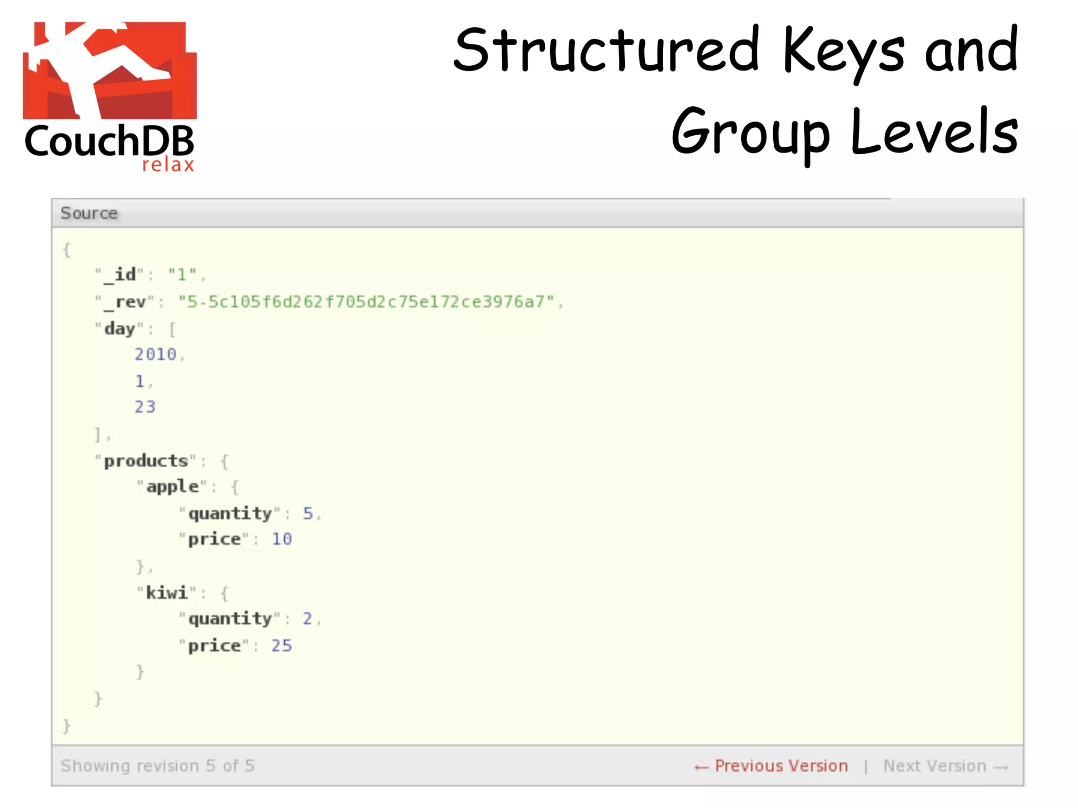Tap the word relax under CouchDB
168,165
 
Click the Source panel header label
89,213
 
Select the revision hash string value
366,302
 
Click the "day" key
119,329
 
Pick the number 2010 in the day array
155,355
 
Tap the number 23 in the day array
145,407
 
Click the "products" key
146,461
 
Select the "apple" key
172,487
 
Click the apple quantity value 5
308,513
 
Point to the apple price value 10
282,539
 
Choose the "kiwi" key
166,593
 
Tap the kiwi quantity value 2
307,619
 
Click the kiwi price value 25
282,645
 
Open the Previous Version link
771,766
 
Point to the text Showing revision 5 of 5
157,766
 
